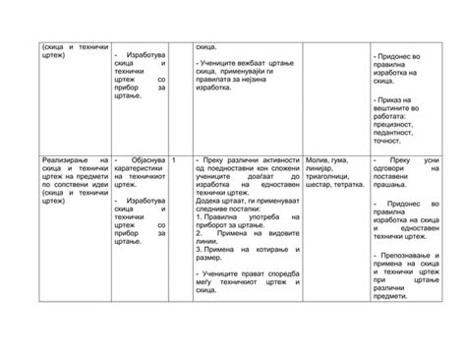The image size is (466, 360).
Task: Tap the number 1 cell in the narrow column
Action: pyautogui.click(x=174, y=159)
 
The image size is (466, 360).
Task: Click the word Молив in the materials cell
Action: pyautogui.click(x=317, y=159)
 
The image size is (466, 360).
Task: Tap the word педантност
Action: pyautogui.click(x=397, y=133)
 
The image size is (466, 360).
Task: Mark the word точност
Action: pyautogui.click(x=391, y=142)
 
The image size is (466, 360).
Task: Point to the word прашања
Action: pyautogui.click(x=396, y=186)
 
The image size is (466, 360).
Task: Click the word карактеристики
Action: pyautogui.click(x=144, y=168)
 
